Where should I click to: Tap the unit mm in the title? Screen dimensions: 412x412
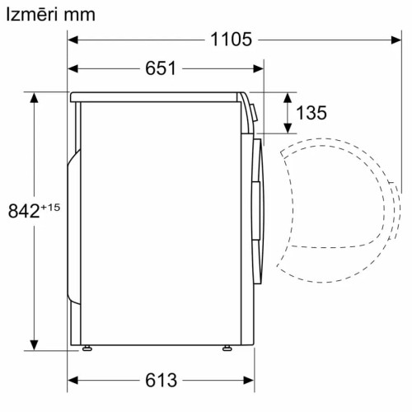(x=82, y=15)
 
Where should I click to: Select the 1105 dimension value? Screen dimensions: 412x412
(x=230, y=39)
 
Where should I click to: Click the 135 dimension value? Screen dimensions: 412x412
(x=311, y=113)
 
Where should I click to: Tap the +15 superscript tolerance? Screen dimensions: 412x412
(x=50, y=206)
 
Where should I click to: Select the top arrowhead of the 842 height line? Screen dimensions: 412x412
(x=35, y=97)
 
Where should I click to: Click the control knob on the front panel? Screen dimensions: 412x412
(x=253, y=111)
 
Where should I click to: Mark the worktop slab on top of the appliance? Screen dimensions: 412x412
(x=157, y=96)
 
